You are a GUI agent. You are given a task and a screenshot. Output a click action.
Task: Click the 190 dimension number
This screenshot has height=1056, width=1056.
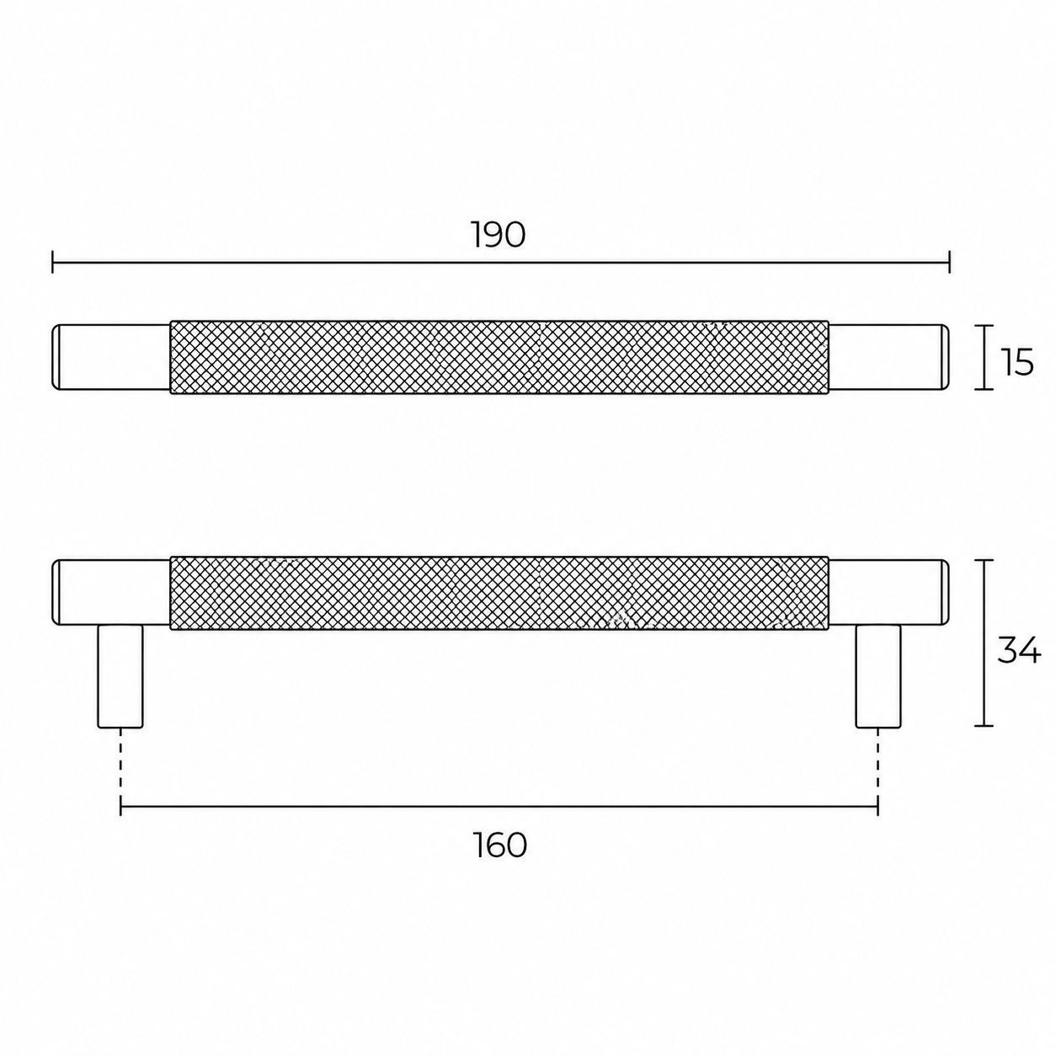tap(499, 235)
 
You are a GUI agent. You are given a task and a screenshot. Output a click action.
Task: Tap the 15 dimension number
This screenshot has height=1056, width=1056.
tap(1018, 362)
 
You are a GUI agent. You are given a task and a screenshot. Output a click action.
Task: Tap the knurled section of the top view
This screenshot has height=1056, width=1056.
tap(499, 357)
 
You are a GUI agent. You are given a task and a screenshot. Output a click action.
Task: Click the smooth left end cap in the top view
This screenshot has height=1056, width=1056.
tap(111, 357)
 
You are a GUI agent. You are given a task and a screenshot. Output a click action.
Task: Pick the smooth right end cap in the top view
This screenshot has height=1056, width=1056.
tap(888, 357)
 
